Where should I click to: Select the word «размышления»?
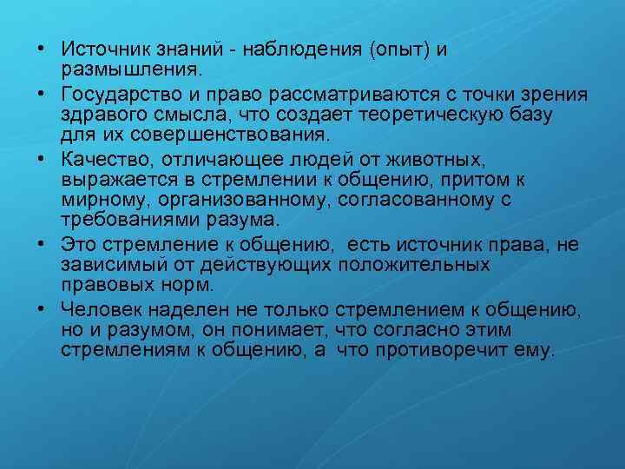[x=129, y=67]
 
